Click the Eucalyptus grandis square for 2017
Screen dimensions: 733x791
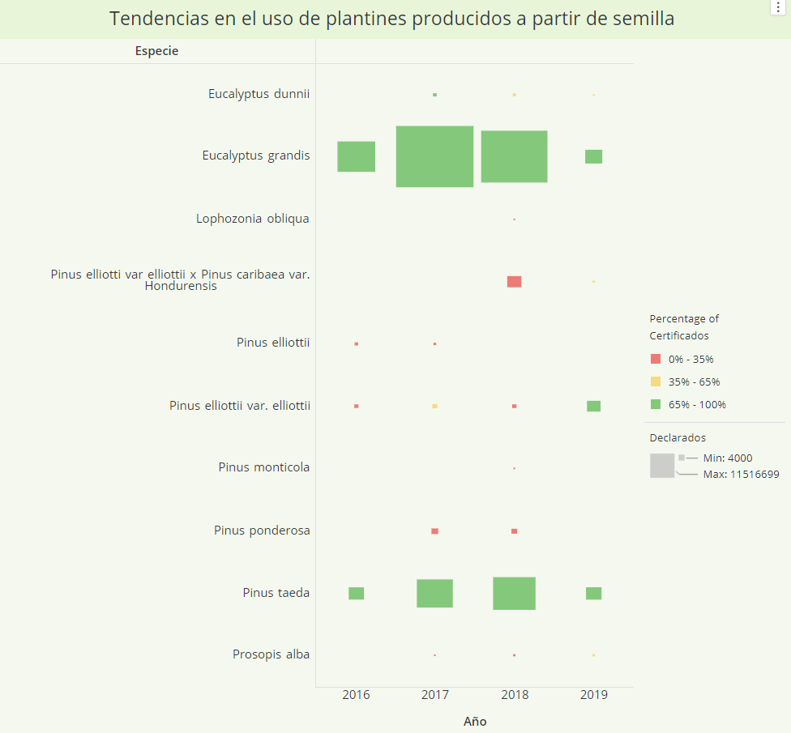pyautogui.click(x=434, y=156)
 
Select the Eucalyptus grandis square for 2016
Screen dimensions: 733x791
pyautogui.click(x=356, y=156)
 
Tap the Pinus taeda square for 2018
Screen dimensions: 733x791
pyautogui.click(x=514, y=593)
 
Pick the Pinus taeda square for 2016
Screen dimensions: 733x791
pyautogui.click(x=356, y=593)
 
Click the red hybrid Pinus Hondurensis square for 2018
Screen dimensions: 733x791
pyautogui.click(x=514, y=281)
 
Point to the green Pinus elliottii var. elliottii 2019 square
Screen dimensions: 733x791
pyautogui.click(x=593, y=406)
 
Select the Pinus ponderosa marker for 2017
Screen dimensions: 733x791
pyautogui.click(x=434, y=531)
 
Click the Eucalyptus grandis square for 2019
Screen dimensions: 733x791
pyautogui.click(x=593, y=156)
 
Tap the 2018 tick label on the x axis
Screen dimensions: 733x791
pyautogui.click(x=514, y=695)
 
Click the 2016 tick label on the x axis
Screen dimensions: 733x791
pyautogui.click(x=356, y=695)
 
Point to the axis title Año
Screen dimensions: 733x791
pyautogui.click(x=475, y=721)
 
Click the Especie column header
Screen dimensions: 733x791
pyautogui.click(x=156, y=51)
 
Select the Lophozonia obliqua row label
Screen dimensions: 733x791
pyautogui.click(x=252, y=219)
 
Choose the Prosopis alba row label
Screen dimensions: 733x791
pyautogui.click(x=271, y=654)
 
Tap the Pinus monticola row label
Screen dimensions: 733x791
pyautogui.click(x=263, y=467)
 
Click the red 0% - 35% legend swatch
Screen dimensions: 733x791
pyautogui.click(x=656, y=359)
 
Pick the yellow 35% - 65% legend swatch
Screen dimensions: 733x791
pyautogui.click(x=656, y=381)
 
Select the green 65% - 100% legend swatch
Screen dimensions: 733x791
pyautogui.click(x=656, y=404)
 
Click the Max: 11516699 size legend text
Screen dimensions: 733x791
pyautogui.click(x=741, y=475)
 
